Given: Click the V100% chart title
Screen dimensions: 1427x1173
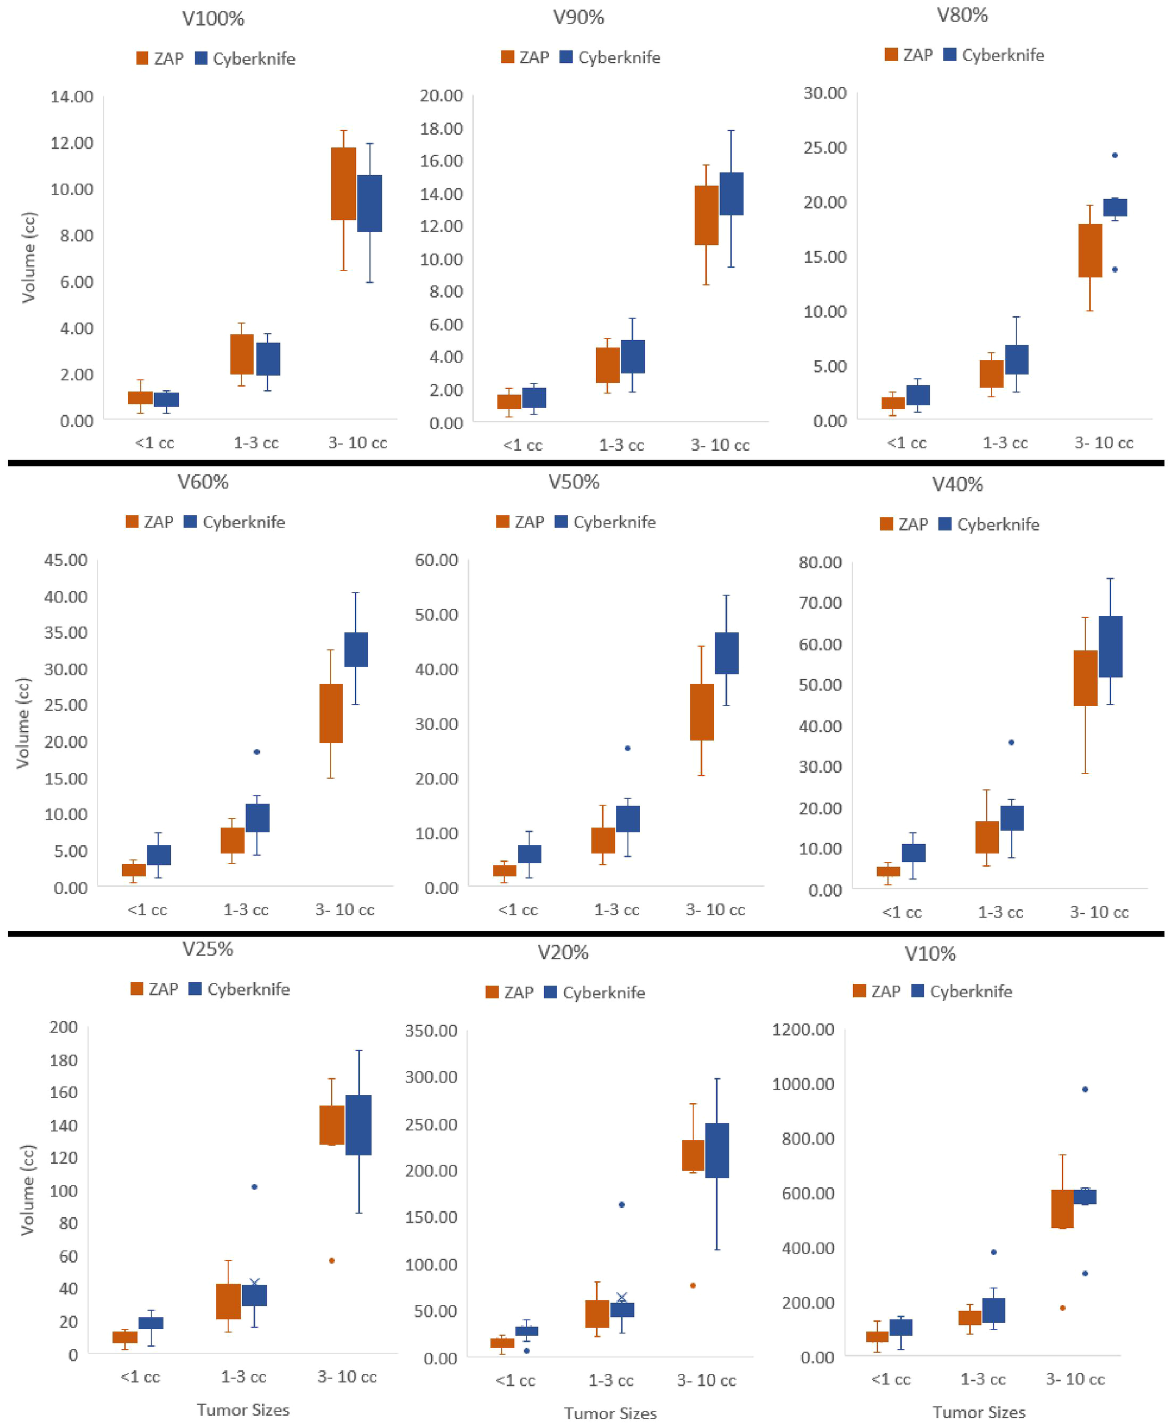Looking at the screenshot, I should coord(213,18).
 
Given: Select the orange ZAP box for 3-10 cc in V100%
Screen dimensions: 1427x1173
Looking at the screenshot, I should coord(343,184).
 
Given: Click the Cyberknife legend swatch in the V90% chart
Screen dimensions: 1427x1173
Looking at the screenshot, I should coord(567,58).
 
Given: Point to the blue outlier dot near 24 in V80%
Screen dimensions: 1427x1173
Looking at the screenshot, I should coord(1115,155).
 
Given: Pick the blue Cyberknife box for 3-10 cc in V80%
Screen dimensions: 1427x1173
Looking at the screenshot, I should coord(1115,207).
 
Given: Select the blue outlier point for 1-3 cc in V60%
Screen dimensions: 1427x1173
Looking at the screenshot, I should coord(257,752).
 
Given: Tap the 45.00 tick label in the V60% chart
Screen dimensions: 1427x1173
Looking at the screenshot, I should coord(66,560).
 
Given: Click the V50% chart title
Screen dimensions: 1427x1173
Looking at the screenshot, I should coord(574,482).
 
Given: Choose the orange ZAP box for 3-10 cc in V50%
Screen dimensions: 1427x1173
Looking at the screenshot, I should coord(701,712).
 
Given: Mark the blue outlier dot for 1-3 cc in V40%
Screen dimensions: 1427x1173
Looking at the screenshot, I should coord(1011,742).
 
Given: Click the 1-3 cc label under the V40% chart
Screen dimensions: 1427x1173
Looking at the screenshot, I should coord(1000,912).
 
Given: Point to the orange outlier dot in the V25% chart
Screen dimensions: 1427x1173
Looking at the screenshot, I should coord(332,1260).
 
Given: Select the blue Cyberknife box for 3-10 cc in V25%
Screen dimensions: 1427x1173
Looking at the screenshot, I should coord(358,1124).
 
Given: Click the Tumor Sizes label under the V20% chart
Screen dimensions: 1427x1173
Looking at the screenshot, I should coord(610,1413).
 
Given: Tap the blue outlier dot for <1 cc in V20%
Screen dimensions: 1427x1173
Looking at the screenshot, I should coord(527,1351).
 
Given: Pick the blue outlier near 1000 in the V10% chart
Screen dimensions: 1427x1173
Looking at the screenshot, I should coord(1085,1089).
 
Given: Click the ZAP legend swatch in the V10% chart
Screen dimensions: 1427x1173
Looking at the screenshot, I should coord(859,991).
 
